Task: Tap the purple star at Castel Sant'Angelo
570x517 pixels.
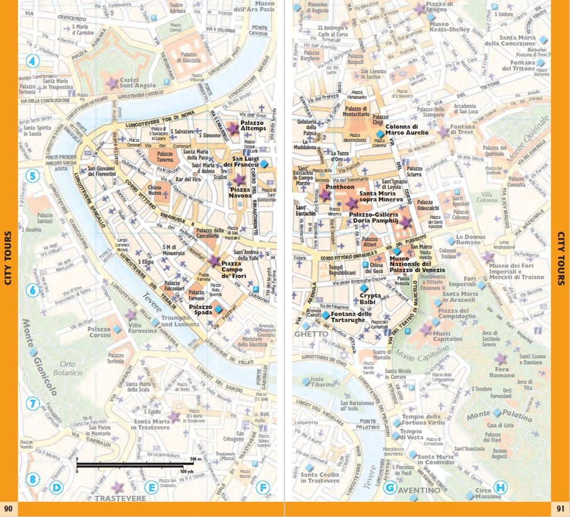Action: coord(112,83)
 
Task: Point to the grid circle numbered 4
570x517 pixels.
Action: coord(32,62)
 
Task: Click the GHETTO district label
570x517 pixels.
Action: coord(311,333)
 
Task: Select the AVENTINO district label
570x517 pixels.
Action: coord(419,490)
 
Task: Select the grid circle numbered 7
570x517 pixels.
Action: coord(32,404)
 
